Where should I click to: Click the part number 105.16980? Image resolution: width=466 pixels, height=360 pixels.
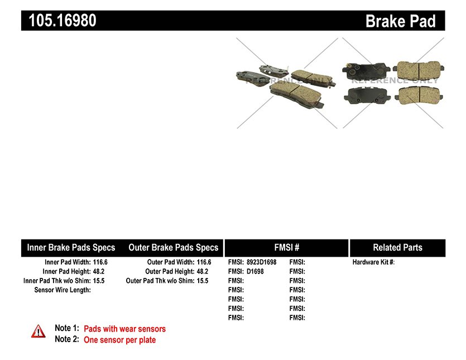tap(63, 21)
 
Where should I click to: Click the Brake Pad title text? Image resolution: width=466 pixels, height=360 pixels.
tap(400, 21)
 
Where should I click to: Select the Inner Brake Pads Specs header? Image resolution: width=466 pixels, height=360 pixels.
tap(71, 248)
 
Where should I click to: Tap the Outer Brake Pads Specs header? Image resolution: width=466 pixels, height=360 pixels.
tap(173, 248)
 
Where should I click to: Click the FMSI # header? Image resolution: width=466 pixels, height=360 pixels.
tap(286, 247)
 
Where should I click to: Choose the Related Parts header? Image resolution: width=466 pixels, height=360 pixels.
tap(398, 247)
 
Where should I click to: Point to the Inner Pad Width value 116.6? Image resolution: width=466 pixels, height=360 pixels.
tap(100, 262)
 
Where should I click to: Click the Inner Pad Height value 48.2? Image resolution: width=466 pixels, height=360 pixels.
tap(99, 271)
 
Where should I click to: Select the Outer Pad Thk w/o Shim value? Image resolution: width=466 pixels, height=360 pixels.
tap(203, 281)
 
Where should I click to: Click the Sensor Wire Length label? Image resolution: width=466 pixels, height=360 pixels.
tap(63, 290)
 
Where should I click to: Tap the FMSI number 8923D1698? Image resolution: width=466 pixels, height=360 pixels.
tap(262, 262)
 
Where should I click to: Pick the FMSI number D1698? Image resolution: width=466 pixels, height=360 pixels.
tap(255, 271)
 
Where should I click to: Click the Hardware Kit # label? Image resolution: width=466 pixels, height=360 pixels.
tap(373, 262)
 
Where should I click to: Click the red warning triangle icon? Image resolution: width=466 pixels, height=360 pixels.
tap(39, 332)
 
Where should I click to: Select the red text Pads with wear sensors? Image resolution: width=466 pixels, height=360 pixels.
tap(125, 329)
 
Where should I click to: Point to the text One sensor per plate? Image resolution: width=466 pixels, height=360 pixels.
tap(120, 340)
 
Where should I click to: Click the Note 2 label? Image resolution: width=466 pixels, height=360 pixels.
tap(67, 339)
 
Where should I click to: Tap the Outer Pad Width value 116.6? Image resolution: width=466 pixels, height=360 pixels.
tap(204, 262)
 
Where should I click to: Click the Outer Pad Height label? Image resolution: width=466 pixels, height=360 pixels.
tap(170, 271)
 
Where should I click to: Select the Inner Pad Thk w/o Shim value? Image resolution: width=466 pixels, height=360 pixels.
tap(99, 281)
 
